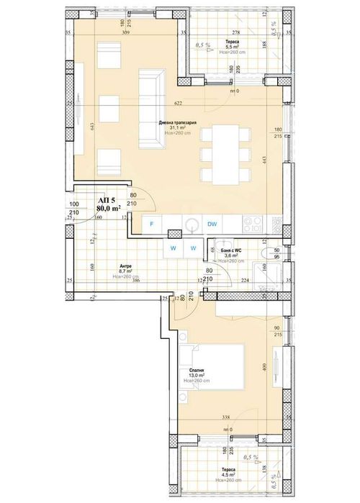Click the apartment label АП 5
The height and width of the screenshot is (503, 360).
coord(107,201)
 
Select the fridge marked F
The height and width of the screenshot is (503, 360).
coord(151,225)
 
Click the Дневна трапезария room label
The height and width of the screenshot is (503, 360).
coord(175,122)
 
